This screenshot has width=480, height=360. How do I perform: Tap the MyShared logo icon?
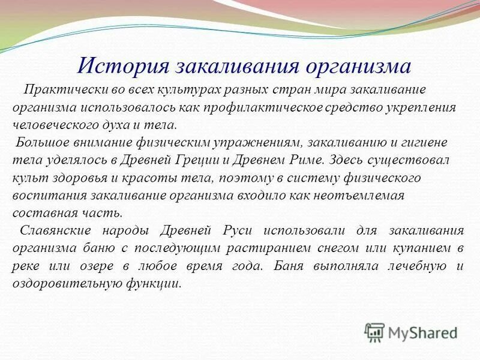375,332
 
